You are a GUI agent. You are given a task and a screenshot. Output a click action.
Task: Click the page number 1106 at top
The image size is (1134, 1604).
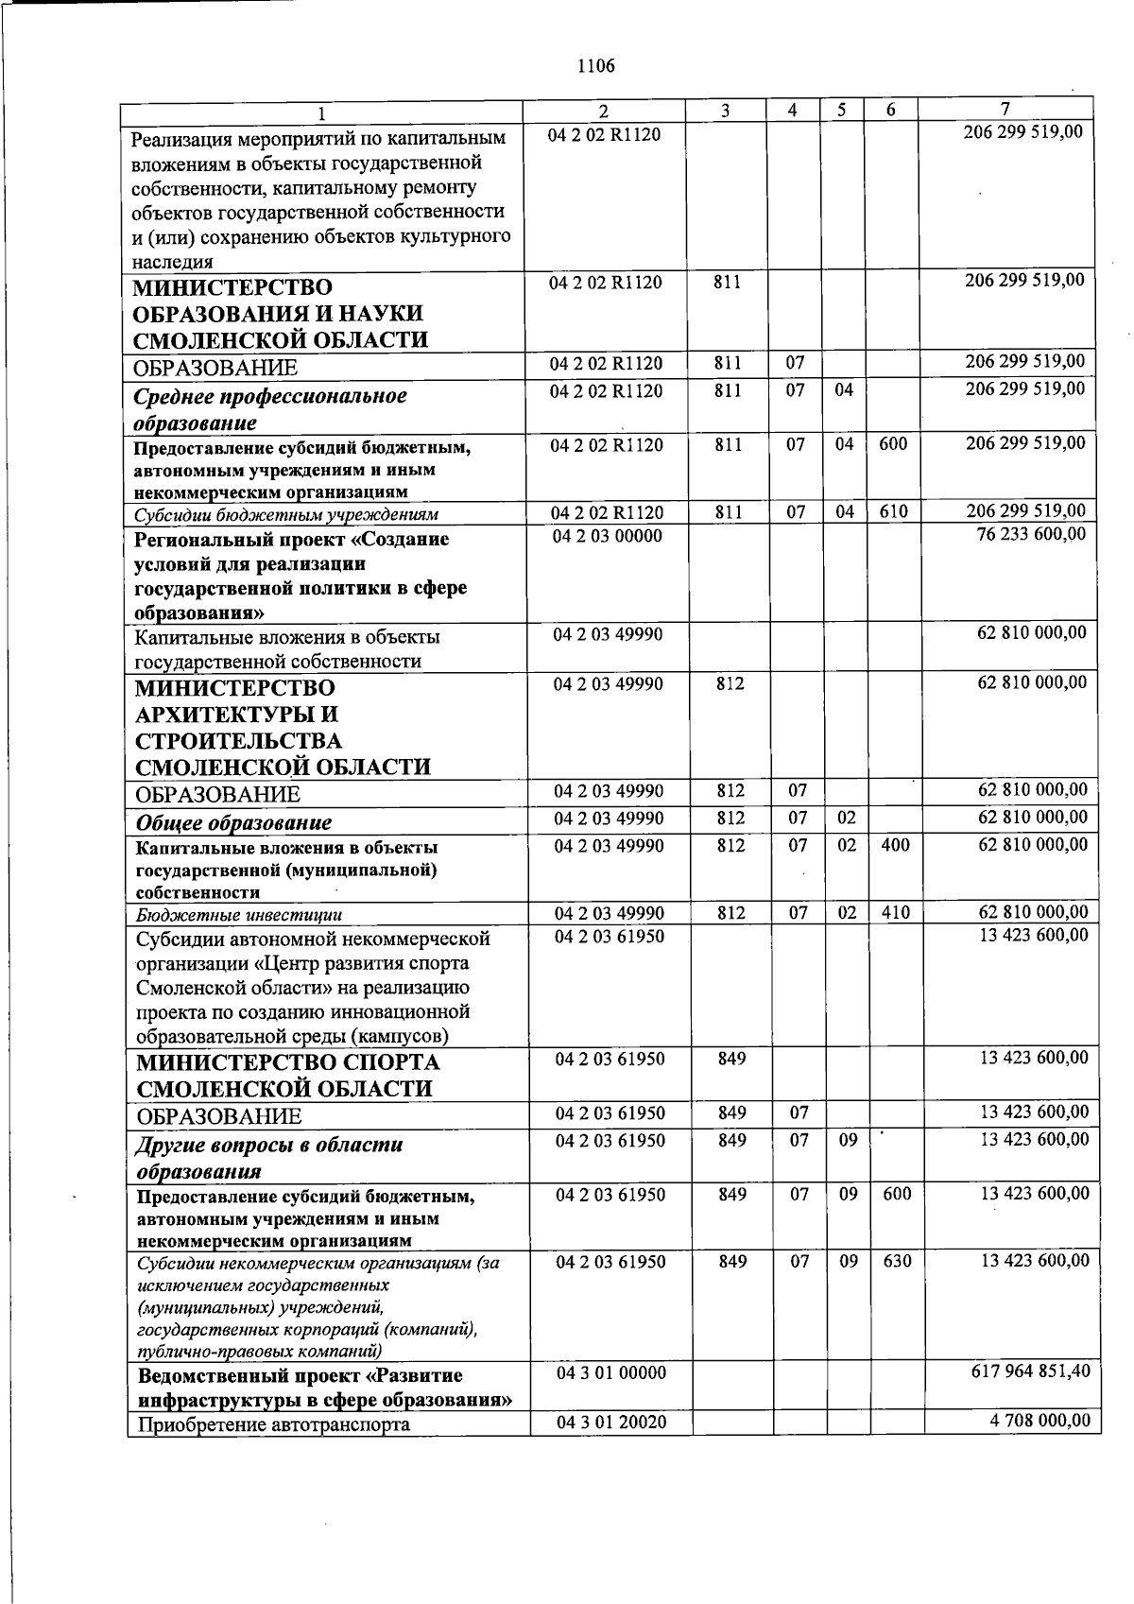pyautogui.click(x=595, y=66)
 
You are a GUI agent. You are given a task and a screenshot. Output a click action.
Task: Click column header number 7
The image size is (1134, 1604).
pyautogui.click(x=1005, y=109)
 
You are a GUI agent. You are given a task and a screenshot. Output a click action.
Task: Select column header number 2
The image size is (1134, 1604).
pyautogui.click(x=604, y=110)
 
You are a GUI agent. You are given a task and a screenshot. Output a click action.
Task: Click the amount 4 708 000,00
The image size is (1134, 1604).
pyautogui.click(x=1038, y=1421)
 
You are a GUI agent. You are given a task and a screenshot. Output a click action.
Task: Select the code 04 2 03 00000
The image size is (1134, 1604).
pyautogui.click(x=608, y=537)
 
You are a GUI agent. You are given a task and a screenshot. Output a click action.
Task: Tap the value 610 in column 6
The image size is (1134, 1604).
pyautogui.click(x=892, y=512)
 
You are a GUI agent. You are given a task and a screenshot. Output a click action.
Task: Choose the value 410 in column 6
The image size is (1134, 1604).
pyautogui.click(x=895, y=913)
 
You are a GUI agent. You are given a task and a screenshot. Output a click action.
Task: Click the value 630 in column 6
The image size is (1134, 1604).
pyautogui.click(x=897, y=1261)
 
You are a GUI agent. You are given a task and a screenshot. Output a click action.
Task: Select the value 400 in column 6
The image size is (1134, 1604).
pyautogui.click(x=895, y=846)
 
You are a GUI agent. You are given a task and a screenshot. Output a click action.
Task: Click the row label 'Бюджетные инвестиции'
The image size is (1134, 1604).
pyautogui.click(x=238, y=915)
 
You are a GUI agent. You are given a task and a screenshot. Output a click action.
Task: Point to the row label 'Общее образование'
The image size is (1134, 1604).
pyautogui.click(x=233, y=822)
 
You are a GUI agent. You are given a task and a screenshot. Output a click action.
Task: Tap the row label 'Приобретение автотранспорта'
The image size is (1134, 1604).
pyautogui.click(x=274, y=1423)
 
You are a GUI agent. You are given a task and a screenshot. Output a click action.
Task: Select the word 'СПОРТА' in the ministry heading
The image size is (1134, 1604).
pyautogui.click(x=393, y=1061)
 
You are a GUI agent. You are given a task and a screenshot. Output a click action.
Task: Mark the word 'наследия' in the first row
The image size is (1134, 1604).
pyautogui.click(x=171, y=262)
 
